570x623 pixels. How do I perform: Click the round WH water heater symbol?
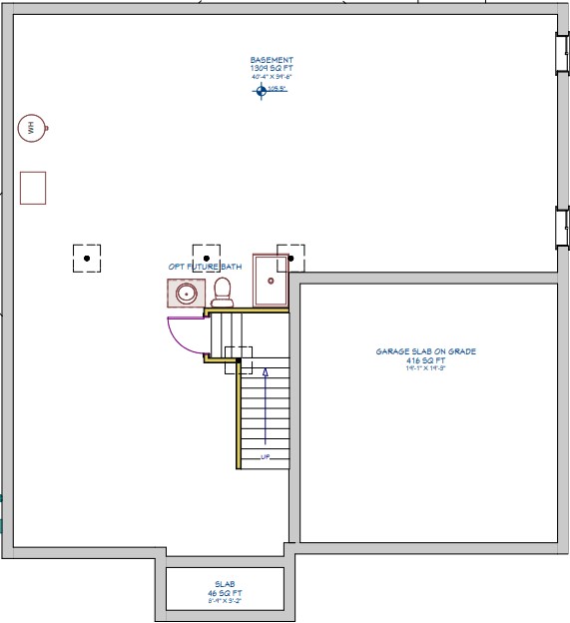tap(32, 127)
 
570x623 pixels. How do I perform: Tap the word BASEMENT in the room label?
tap(272, 60)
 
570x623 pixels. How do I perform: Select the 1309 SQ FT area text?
tap(272, 68)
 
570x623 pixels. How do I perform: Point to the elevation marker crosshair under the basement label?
tap(262, 90)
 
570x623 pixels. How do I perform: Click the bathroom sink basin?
tap(185, 294)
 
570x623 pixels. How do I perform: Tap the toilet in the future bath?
tap(222, 291)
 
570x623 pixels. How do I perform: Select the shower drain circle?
tap(270, 281)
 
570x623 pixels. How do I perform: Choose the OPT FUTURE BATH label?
tap(205, 267)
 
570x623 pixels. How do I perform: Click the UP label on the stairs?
tap(266, 457)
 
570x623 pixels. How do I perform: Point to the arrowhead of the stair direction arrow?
tap(266, 372)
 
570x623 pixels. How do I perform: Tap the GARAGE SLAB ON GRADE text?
tap(426, 351)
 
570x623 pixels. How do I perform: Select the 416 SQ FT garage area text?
tap(426, 359)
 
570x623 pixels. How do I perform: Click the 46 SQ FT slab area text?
tap(225, 592)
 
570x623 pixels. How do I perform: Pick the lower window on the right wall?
tap(561, 228)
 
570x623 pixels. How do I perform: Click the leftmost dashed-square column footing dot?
tap(87, 259)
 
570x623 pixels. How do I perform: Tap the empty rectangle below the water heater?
tap(33, 188)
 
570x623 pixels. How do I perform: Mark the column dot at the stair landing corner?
tap(238, 360)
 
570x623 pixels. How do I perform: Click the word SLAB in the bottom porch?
tap(225, 583)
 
